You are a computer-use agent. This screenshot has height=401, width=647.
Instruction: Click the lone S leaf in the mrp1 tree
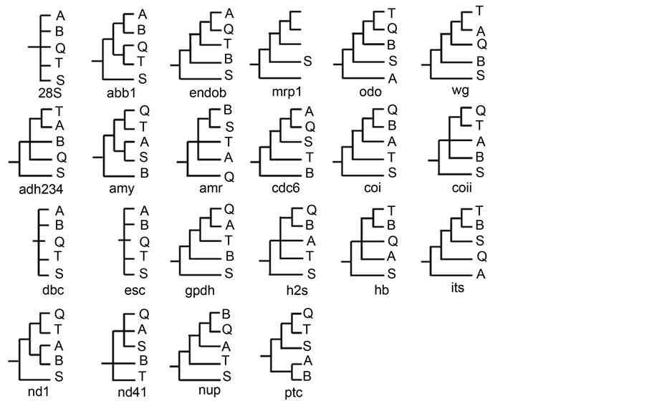pyautogui.click(x=307, y=62)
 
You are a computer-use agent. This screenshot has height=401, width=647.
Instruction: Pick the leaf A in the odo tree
pyautogui.click(x=392, y=78)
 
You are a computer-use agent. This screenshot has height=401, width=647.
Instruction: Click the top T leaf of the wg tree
pyautogui.click(x=479, y=11)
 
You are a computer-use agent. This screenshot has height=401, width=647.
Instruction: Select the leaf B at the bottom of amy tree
pyautogui.click(x=143, y=173)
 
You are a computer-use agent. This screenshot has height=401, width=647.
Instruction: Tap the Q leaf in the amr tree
pyautogui.click(x=229, y=176)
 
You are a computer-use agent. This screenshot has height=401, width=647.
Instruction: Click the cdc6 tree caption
pyautogui.click(x=295, y=189)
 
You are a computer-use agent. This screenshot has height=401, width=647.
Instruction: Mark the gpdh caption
pyautogui.click(x=200, y=290)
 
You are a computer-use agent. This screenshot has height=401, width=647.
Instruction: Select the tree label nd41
pyautogui.click(x=132, y=392)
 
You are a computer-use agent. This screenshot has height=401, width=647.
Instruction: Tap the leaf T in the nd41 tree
pyautogui.click(x=143, y=376)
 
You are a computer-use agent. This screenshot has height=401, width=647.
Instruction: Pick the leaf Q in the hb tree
pyautogui.click(x=392, y=241)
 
